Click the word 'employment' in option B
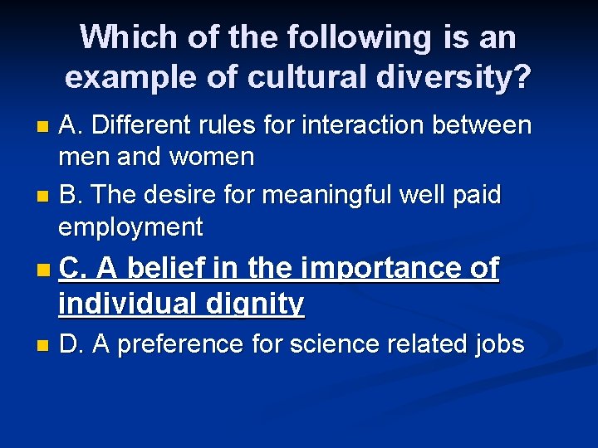click(130, 226)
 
